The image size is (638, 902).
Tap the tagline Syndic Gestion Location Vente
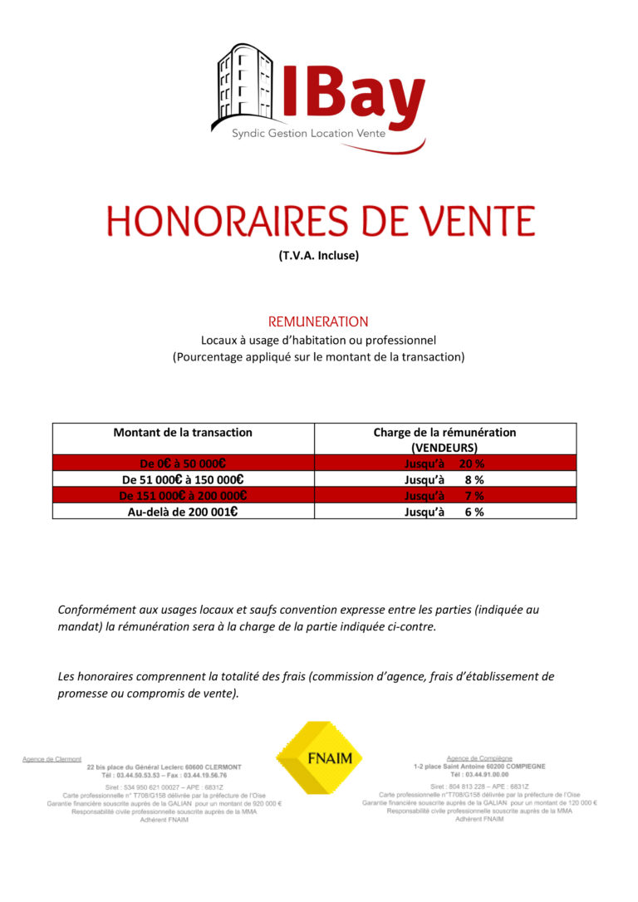[x=308, y=133]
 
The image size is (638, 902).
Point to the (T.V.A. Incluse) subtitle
[x=319, y=256]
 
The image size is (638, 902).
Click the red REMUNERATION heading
[x=318, y=321]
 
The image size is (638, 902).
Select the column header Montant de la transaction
[x=183, y=432]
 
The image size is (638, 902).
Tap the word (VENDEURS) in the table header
[x=444, y=447]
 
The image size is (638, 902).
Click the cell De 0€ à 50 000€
[x=183, y=463]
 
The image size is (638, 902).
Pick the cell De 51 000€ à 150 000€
[x=183, y=479]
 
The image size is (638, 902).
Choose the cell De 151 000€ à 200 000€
[x=183, y=495]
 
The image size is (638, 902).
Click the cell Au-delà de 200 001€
[x=183, y=512]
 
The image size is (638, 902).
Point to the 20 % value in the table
[x=472, y=463]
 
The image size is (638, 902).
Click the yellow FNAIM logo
[x=319, y=757]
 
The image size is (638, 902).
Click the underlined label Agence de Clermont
[x=52, y=758]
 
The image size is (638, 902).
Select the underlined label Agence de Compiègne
[x=479, y=758]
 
